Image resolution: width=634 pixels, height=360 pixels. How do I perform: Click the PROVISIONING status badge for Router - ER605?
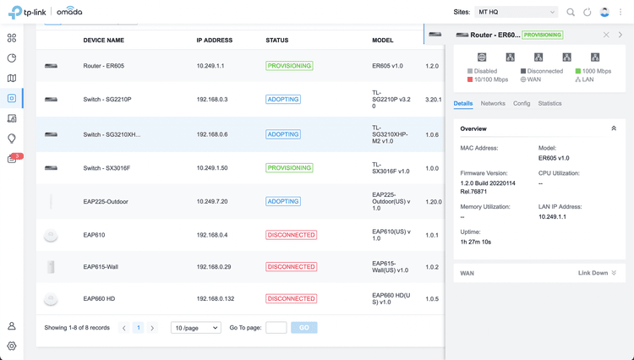pyautogui.click(x=289, y=66)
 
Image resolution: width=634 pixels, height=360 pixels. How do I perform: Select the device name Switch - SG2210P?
pyautogui.click(x=107, y=100)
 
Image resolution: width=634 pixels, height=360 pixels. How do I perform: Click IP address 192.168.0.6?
pyautogui.click(x=212, y=134)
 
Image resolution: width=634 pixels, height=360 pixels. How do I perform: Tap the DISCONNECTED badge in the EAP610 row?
pyautogui.click(x=291, y=235)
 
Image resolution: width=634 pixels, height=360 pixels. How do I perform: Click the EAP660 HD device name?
pyautogui.click(x=99, y=299)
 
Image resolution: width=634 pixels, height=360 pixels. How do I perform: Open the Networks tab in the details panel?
pyautogui.click(x=493, y=104)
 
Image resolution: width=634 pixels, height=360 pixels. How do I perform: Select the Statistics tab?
pyautogui.click(x=549, y=104)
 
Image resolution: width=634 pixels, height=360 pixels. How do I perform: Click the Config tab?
pyautogui.click(x=522, y=104)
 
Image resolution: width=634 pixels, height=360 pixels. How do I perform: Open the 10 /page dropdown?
pyautogui.click(x=195, y=328)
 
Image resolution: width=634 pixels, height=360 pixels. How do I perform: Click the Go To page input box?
pyautogui.click(x=276, y=328)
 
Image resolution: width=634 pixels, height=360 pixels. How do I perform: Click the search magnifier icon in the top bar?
pyautogui.click(x=571, y=13)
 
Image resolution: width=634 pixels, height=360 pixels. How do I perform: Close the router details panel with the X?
pyautogui.click(x=606, y=35)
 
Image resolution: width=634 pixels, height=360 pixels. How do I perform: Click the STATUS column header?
pyautogui.click(x=276, y=41)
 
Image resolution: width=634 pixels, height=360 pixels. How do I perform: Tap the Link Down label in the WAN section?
pyautogui.click(x=593, y=273)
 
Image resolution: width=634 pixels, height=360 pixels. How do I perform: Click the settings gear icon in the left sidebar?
pyautogui.click(x=12, y=346)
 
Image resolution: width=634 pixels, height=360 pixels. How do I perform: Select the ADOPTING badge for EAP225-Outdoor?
pyautogui.click(x=283, y=202)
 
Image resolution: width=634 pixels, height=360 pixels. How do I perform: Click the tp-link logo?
pyautogui.click(x=28, y=13)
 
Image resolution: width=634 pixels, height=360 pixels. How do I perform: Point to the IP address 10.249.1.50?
pyautogui.click(x=212, y=168)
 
